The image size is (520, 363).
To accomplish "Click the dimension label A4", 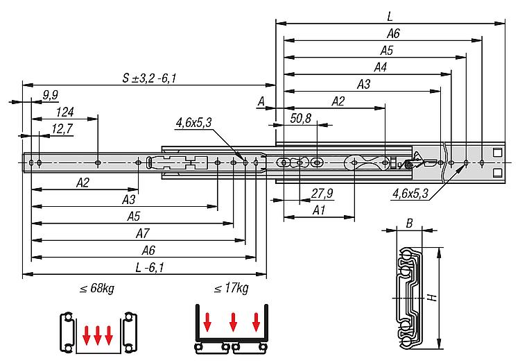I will click(x=380, y=67).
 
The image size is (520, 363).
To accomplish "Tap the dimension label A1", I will click(x=320, y=210).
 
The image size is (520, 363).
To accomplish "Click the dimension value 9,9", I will click(x=50, y=94).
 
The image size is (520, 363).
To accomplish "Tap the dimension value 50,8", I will click(x=300, y=118).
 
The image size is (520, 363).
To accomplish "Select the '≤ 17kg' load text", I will click(x=231, y=288).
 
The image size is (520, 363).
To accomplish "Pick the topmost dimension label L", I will click(x=390, y=15).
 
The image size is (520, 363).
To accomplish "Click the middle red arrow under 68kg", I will click(x=94, y=335).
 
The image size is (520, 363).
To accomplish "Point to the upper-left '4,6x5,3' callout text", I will click(x=194, y=123).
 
